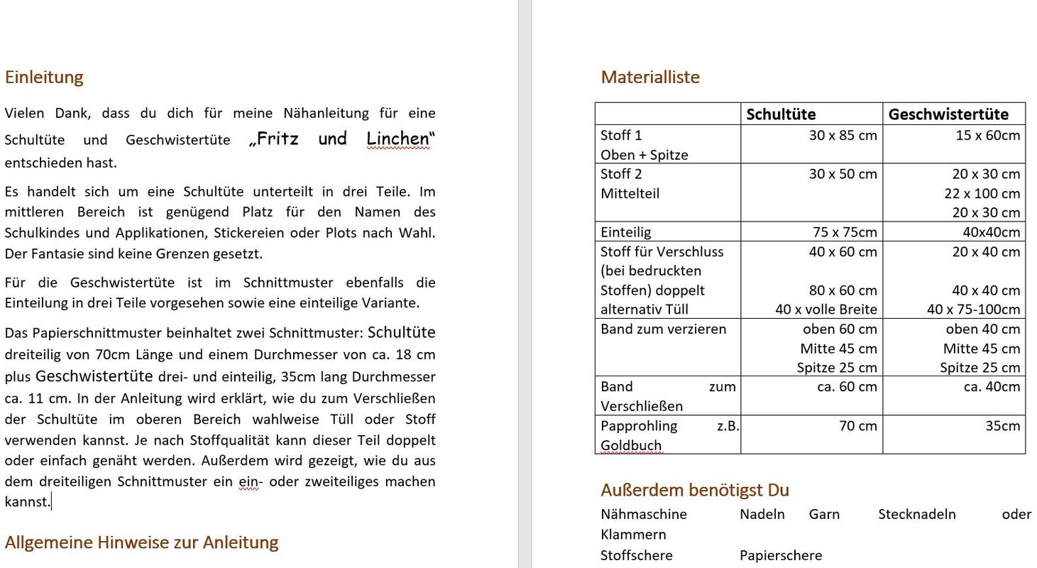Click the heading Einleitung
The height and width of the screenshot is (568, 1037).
coord(44,77)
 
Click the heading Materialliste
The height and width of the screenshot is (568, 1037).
coord(650,77)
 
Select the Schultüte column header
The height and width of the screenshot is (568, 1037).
coord(781,114)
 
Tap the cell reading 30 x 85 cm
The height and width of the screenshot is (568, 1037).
coord(843,135)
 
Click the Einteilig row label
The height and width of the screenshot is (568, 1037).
coord(625,231)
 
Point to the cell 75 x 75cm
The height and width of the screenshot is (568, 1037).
coord(845,231)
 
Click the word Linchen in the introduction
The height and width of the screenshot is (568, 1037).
coord(398,138)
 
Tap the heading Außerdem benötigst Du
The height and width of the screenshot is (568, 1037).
coord(695,490)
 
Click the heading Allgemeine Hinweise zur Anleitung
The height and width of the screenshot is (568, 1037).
coord(141,542)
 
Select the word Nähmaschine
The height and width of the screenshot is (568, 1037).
coord(644,514)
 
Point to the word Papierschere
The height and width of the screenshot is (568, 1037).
coord(781,555)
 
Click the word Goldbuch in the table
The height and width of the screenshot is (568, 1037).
coord(631,445)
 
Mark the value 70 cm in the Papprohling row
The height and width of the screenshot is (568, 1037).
coord(857,426)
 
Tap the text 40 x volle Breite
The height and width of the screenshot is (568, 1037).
coord(826,309)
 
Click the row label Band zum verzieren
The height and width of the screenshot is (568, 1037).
coord(663,329)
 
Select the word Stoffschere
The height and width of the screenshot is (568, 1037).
coord(637,555)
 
